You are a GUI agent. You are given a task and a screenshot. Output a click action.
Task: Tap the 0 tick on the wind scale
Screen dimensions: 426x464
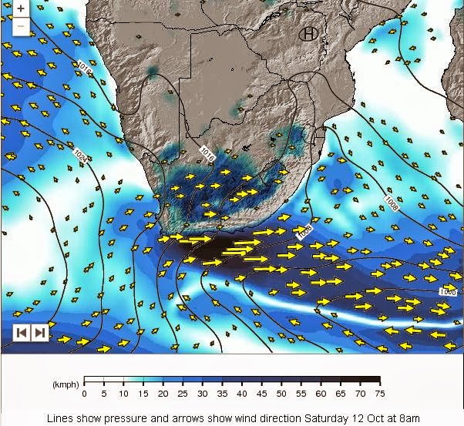84,393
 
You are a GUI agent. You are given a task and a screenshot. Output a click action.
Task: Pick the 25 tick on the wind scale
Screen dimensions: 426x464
183,393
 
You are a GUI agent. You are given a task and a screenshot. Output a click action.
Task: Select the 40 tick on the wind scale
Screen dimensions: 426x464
242,393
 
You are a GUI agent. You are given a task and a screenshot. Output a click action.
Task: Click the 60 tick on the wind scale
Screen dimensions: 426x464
321,393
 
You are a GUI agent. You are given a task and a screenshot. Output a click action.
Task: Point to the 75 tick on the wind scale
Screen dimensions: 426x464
380,393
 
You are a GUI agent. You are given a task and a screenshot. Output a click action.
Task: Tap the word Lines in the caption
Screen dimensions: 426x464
59,418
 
